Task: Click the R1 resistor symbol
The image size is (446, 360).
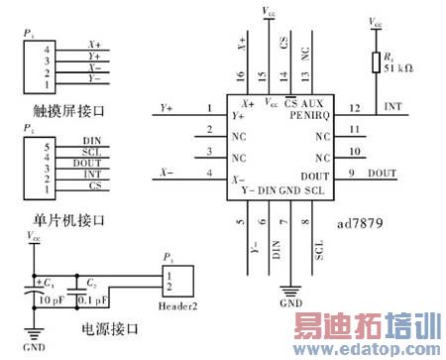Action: click(x=375, y=62)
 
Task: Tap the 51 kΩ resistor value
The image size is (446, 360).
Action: click(x=398, y=69)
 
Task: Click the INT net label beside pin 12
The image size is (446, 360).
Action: click(x=392, y=107)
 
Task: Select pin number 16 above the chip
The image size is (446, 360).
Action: click(x=241, y=76)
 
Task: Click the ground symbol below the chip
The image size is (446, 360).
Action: click(x=289, y=291)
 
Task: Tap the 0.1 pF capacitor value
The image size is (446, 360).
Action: click(x=94, y=297)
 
